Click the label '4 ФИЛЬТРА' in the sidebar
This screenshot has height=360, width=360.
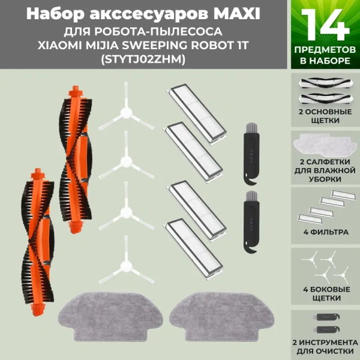325,231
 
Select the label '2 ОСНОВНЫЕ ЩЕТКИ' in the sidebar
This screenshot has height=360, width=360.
325,116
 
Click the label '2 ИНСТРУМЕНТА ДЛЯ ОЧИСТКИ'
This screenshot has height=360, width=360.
325,346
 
